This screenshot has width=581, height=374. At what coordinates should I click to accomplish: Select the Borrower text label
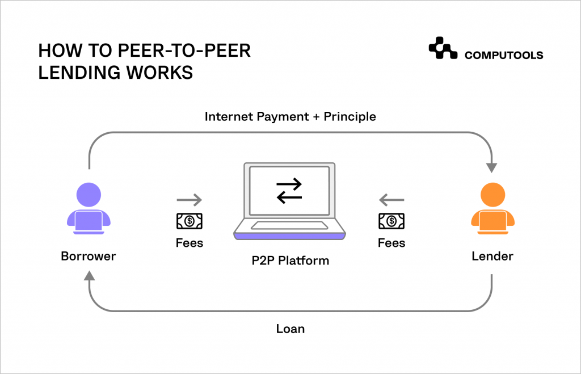[88, 257]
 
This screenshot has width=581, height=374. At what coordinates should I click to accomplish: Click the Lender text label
[492, 257]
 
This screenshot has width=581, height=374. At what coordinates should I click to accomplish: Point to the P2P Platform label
[290, 261]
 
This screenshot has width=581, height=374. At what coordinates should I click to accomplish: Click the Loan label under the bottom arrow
[290, 329]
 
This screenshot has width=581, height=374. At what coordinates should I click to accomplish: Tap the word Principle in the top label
[350, 117]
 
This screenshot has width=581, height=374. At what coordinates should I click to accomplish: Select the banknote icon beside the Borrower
[190, 221]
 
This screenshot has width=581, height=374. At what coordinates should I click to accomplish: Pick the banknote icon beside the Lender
[391, 221]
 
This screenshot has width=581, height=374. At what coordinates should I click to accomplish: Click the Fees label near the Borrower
[190, 243]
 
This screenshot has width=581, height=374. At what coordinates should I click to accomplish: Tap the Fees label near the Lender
[391, 243]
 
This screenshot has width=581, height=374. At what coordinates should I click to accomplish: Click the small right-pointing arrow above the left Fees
[190, 200]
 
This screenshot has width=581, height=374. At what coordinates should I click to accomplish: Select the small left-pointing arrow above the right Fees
[391, 200]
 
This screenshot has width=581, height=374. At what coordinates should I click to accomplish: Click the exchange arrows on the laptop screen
[289, 191]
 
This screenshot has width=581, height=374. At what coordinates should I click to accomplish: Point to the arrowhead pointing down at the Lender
[491, 167]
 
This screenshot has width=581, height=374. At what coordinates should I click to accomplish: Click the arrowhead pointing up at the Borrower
[89, 276]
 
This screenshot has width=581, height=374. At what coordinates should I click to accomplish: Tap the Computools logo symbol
[443, 49]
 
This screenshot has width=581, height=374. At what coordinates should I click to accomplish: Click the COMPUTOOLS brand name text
[504, 55]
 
